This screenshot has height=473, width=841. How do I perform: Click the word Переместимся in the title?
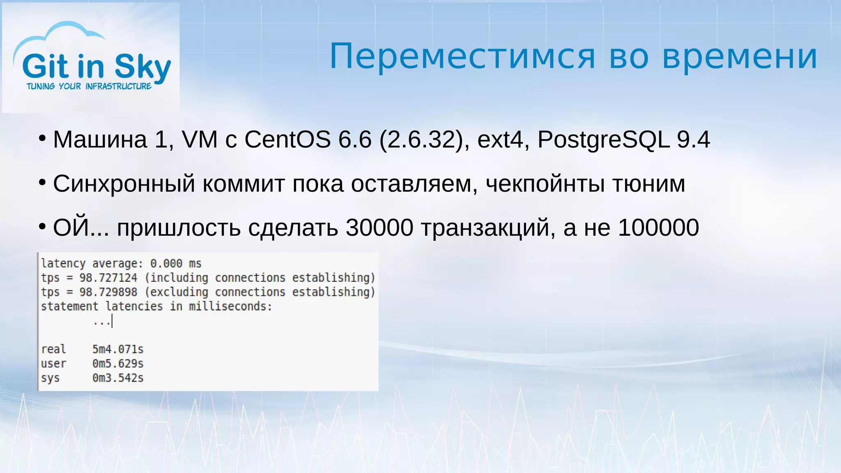[x=462, y=57]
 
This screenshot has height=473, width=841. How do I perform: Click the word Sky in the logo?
[x=142, y=67]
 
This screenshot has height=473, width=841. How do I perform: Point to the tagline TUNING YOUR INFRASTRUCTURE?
[x=89, y=86]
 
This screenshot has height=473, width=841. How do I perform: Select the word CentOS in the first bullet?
[x=287, y=140]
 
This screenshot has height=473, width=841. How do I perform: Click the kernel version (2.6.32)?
[x=421, y=140]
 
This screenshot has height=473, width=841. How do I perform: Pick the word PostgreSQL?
[x=603, y=140]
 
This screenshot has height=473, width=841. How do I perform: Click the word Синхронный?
[x=124, y=184]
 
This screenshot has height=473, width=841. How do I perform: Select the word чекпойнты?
[x=545, y=184]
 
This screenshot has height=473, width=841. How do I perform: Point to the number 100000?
[x=658, y=227]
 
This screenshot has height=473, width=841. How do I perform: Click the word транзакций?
[x=485, y=227]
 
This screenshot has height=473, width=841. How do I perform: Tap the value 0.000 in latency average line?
[x=166, y=263]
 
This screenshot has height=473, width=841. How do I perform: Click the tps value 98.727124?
[x=108, y=278]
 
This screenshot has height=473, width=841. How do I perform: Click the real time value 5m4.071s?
[x=118, y=349]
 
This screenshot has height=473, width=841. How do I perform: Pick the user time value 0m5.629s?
[x=118, y=363]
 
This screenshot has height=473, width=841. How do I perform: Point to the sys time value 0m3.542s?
[x=118, y=378]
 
